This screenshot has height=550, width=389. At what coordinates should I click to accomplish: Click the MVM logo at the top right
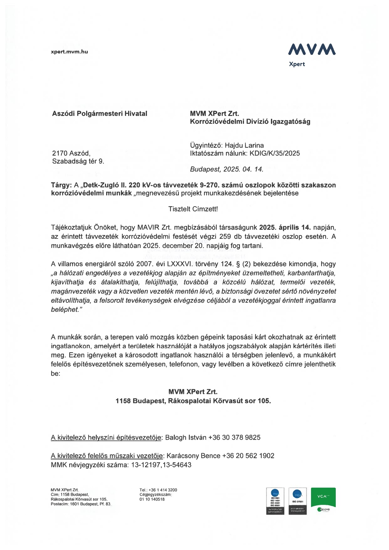pyautogui.click(x=312, y=50)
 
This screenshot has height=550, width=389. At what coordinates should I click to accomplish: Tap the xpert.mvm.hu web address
pyautogui.click(x=69, y=52)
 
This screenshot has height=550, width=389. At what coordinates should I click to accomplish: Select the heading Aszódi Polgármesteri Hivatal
pyautogui.click(x=100, y=113)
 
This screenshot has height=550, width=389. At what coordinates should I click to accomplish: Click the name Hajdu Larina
pyautogui.click(x=244, y=145)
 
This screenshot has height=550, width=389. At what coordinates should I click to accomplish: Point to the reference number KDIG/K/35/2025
pyautogui.click(x=275, y=153)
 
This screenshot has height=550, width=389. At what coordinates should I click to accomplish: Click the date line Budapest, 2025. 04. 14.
pyautogui.click(x=226, y=169)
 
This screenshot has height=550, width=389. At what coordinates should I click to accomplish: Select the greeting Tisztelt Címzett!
pyautogui.click(x=193, y=209)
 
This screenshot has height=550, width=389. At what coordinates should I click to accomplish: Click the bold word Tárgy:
pyautogui.click(x=61, y=185)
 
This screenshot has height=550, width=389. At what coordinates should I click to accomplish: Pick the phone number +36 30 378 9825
pyautogui.click(x=234, y=437)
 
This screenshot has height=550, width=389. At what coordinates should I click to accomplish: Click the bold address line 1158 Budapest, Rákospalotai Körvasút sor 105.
pyautogui.click(x=193, y=401)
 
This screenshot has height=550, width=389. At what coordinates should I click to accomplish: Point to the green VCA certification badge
pyautogui.click(x=323, y=498)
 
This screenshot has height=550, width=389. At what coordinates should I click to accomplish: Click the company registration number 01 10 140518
pyautogui.click(x=152, y=499)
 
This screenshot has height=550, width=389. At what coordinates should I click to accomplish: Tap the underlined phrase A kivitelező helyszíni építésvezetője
pyautogui.click(x=106, y=437)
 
